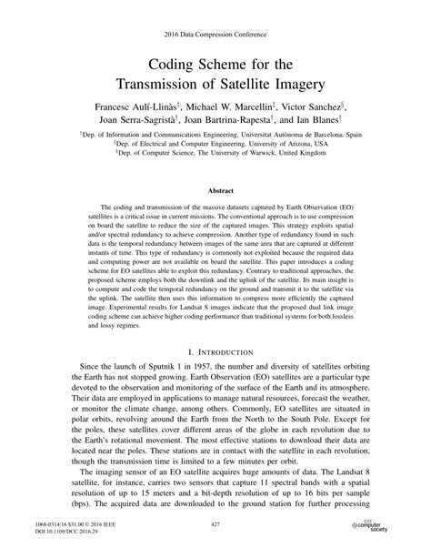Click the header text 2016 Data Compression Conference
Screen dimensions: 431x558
(x=215, y=34)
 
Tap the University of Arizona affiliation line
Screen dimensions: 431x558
(x=215, y=142)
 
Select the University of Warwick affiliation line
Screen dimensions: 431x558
(x=215, y=152)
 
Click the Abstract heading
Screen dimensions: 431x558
(x=215, y=192)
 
